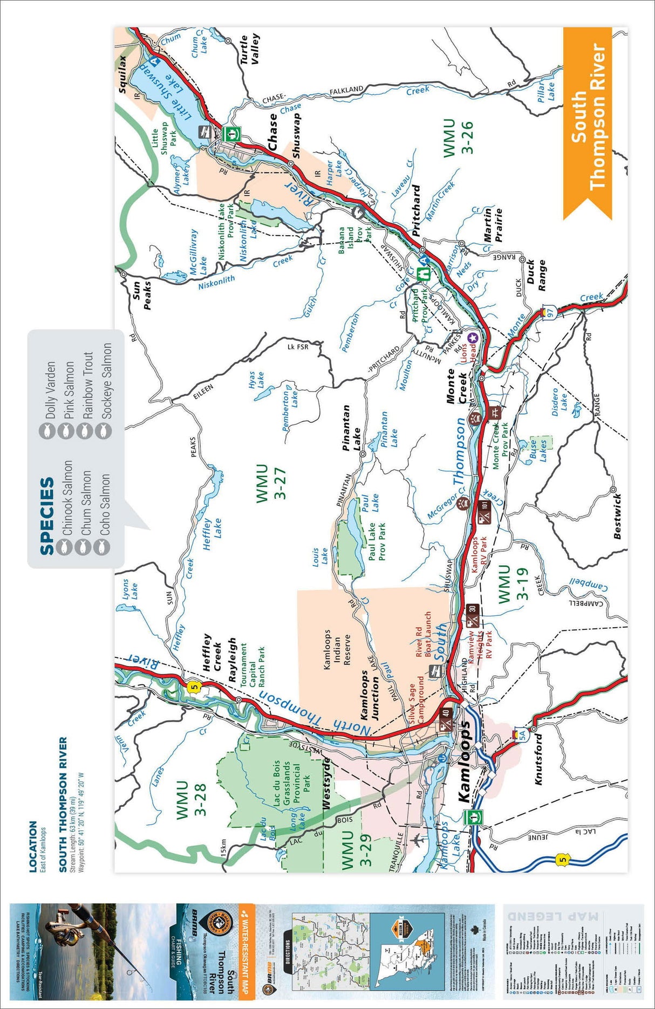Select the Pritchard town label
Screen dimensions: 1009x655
416,210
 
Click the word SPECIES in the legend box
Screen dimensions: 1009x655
47,516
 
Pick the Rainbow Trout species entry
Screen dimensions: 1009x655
88,386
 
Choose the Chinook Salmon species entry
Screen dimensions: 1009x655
67,497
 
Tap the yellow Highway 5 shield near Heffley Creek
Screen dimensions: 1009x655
194,687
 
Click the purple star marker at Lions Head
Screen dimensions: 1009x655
473,338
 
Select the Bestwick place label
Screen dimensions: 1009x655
618,516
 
